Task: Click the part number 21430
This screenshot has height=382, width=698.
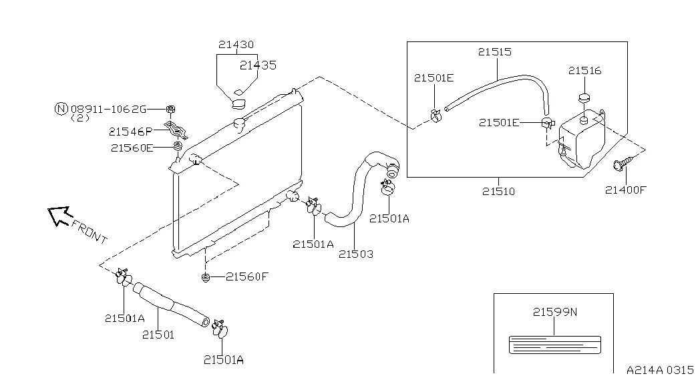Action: click(236, 45)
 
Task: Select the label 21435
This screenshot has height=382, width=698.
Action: click(258, 65)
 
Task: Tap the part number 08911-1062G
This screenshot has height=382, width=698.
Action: click(109, 109)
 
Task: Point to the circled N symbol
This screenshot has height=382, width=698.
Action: click(61, 109)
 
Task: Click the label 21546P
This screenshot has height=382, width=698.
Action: click(130, 132)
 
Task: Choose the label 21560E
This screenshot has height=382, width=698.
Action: click(132, 148)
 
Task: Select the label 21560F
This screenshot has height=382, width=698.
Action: click(247, 276)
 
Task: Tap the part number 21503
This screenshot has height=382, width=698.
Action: click(356, 254)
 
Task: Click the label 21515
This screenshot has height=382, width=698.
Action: click(495, 51)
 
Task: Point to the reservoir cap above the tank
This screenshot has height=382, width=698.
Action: click(584, 98)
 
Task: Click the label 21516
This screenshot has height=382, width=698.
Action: click(585, 70)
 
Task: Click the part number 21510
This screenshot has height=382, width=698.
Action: click(498, 191)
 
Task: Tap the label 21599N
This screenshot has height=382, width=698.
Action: click(555, 312)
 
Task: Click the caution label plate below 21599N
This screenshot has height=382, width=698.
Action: click(554, 345)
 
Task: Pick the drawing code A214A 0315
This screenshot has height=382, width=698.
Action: click(660, 370)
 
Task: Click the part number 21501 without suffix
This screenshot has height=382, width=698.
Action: click(158, 335)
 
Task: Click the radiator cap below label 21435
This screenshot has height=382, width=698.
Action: click(239, 104)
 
